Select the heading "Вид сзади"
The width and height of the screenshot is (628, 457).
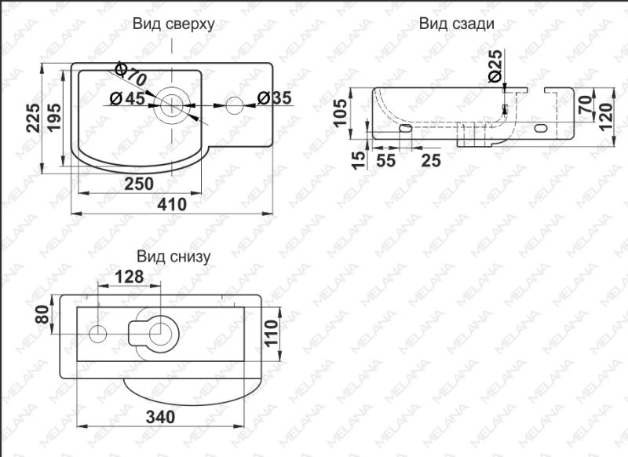(456, 24)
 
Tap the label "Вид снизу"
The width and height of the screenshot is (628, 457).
(173, 256)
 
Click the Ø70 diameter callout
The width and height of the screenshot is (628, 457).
(131, 75)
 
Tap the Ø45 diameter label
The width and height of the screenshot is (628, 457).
(126, 98)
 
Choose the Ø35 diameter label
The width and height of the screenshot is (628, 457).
(276, 98)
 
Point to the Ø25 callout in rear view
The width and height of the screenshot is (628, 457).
(495, 65)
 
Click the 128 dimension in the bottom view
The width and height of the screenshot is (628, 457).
(129, 276)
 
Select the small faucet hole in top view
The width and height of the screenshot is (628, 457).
(234, 104)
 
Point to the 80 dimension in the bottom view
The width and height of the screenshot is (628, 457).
(42, 318)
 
